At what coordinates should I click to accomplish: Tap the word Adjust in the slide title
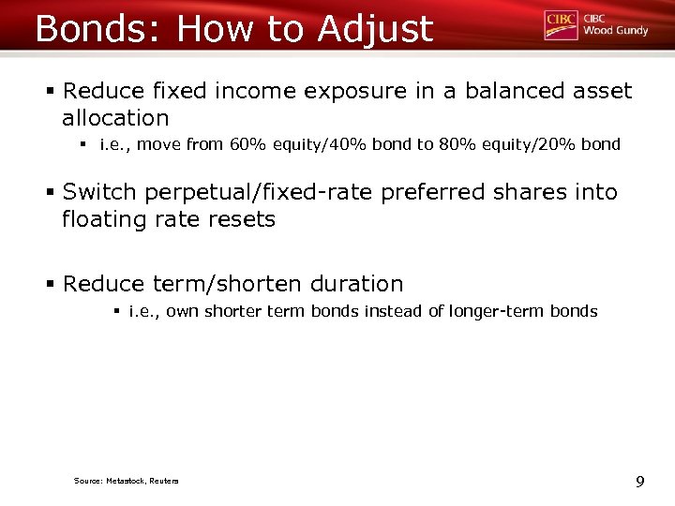coord(375,29)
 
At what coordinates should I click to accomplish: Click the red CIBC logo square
coord(561,25)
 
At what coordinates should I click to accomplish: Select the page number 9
coord(639,482)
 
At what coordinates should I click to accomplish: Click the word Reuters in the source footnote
coord(161,482)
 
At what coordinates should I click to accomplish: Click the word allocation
coord(115,118)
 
